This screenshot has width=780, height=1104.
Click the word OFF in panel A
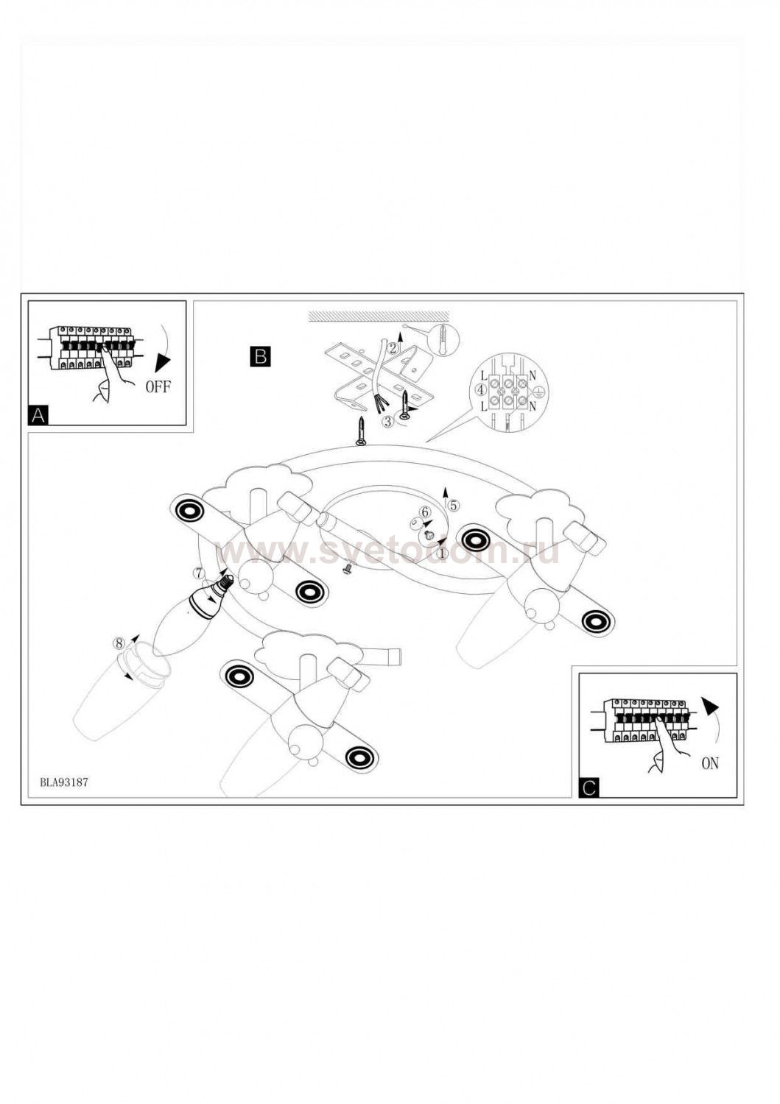pyautogui.click(x=158, y=387)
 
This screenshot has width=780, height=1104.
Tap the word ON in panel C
pyautogui.click(x=710, y=763)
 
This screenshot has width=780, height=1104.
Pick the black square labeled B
pyautogui.click(x=260, y=357)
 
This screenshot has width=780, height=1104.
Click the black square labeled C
pyautogui.click(x=588, y=788)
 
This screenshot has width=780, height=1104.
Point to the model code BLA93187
pyautogui.click(x=64, y=782)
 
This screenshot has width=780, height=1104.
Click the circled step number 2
pyautogui.click(x=393, y=349)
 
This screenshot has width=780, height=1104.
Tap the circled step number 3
pyautogui.click(x=387, y=422)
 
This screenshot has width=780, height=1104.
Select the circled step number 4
pyautogui.click(x=481, y=389)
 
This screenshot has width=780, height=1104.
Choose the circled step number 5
pyautogui.click(x=453, y=505)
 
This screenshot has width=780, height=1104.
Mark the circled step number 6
pyautogui.click(x=424, y=512)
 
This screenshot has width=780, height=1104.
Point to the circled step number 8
pyautogui.click(x=119, y=642)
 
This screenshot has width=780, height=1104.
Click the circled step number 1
pyautogui.click(x=442, y=552)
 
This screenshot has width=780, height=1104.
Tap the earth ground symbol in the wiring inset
pyautogui.click(x=538, y=393)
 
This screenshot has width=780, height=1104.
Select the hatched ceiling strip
pyautogui.click(x=379, y=316)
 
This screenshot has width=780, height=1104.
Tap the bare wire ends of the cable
pyautogui.click(x=380, y=403)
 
